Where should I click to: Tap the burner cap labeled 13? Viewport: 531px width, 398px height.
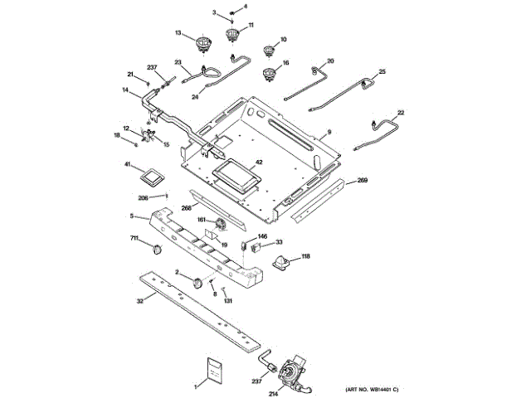(202, 42)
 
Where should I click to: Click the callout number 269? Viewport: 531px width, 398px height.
(362, 180)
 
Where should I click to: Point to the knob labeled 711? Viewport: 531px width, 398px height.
(158, 248)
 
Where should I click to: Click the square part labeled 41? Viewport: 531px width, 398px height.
(152, 176)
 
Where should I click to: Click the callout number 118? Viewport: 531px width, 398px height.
(305, 257)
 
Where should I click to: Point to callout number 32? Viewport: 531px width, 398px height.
(139, 303)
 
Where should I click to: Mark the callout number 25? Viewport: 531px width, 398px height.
(382, 72)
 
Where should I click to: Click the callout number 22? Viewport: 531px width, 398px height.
(401, 113)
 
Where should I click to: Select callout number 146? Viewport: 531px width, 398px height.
(262, 236)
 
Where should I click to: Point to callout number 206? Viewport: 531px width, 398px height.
(143, 197)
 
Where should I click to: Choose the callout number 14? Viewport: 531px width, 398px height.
(125, 90)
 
